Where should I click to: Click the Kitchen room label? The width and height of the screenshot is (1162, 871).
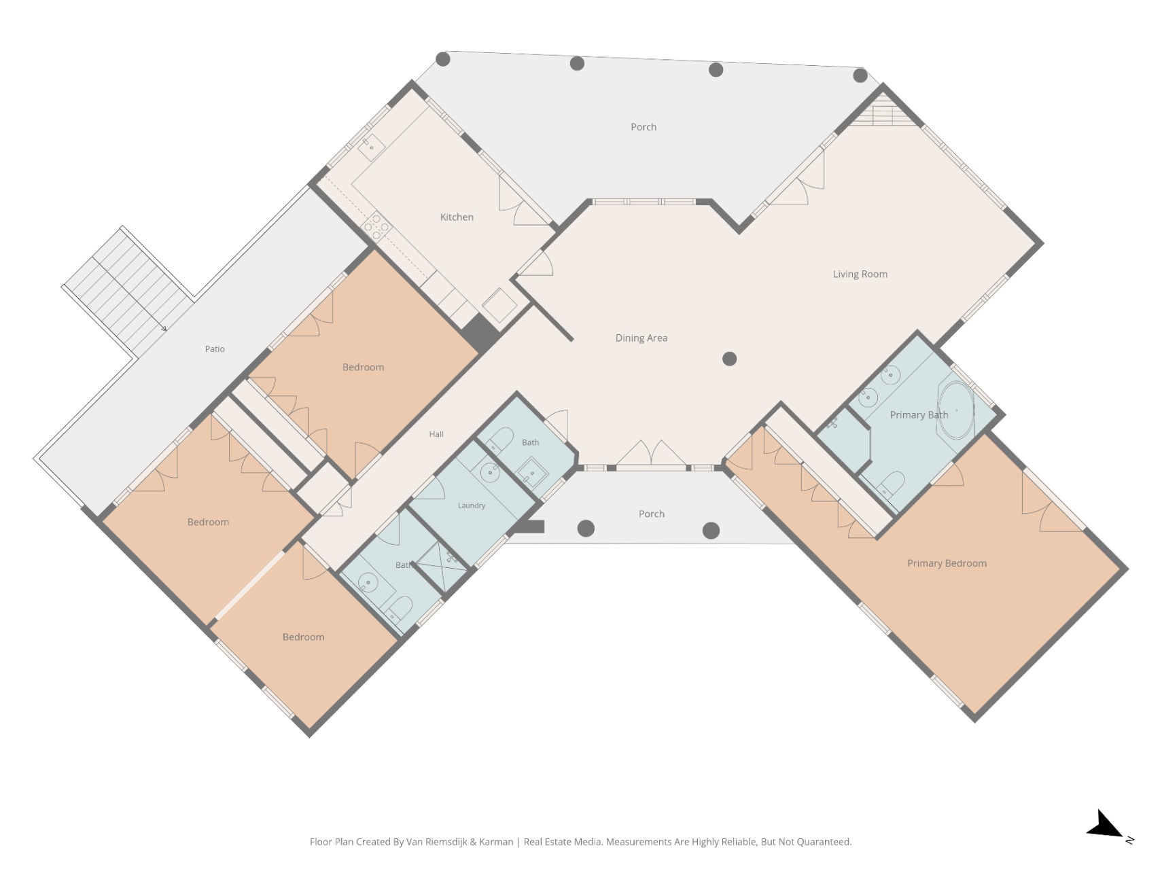click(x=457, y=217)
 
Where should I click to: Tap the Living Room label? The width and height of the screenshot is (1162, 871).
click(x=860, y=274)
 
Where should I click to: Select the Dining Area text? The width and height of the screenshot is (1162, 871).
click(x=641, y=338)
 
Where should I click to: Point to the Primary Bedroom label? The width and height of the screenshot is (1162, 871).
click(x=947, y=563)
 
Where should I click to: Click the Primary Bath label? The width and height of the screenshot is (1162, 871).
click(x=919, y=415)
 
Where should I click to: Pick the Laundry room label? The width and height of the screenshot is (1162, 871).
click(x=472, y=505)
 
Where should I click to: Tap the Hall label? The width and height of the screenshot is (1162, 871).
click(x=436, y=434)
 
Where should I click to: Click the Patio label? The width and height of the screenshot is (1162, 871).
click(x=215, y=349)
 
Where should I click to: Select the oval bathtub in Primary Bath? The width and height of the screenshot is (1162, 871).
click(x=956, y=410)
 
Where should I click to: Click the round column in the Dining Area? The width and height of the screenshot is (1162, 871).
click(x=730, y=359)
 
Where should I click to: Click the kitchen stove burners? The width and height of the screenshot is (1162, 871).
click(x=376, y=226)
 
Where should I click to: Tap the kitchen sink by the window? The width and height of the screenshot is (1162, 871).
click(x=371, y=147)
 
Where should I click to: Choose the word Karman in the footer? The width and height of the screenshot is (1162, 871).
click(x=496, y=842)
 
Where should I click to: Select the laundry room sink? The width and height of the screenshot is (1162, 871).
click(x=489, y=472)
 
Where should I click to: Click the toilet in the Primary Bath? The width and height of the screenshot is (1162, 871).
click(x=890, y=484)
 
